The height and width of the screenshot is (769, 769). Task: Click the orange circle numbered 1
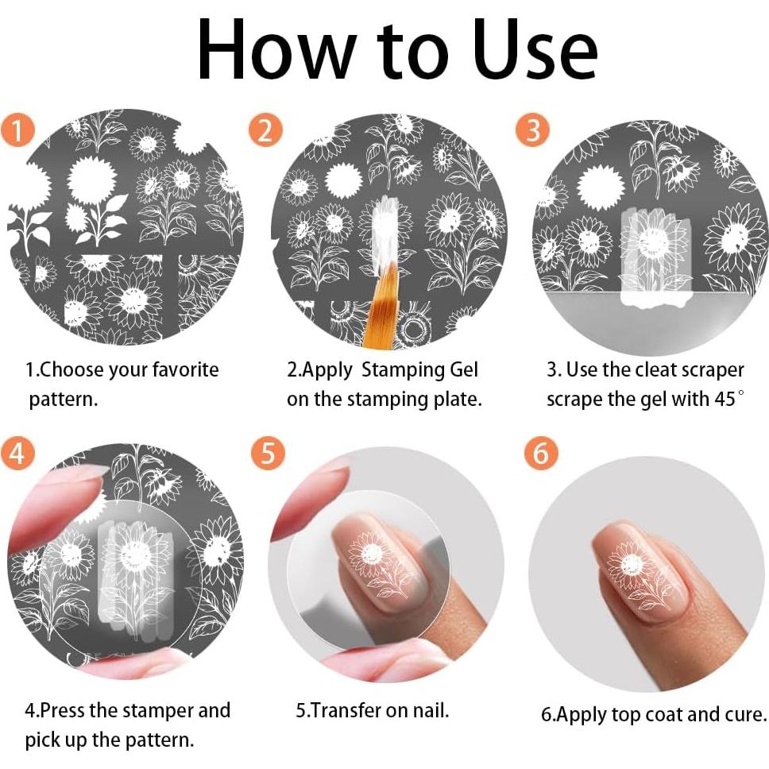17,130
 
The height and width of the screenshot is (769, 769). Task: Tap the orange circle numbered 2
265,130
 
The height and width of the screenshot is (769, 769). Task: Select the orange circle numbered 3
532,130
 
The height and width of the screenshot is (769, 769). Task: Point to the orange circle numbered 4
17,453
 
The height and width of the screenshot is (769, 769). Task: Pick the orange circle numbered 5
268,453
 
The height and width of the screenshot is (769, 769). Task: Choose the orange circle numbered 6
541,453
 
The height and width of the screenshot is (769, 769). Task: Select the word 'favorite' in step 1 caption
185,369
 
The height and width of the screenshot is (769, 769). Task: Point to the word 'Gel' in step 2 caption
463,369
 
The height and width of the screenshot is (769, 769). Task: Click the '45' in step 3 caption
724,399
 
